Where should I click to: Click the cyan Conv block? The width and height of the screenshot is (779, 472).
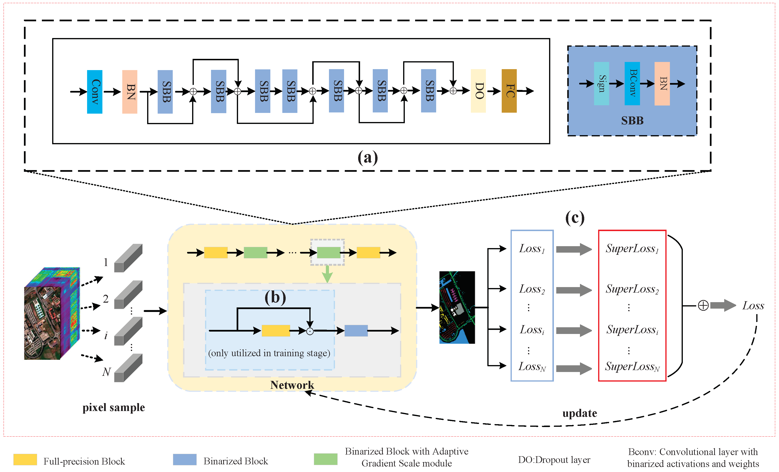[x=95, y=92]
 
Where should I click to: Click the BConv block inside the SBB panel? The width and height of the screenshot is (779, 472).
[x=632, y=83]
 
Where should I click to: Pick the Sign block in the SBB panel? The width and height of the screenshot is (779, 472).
[x=601, y=83]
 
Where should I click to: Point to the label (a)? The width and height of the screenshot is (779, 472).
[x=368, y=157]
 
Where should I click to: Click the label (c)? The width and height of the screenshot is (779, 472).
[x=575, y=218]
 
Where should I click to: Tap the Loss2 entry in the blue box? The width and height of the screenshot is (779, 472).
[x=532, y=289]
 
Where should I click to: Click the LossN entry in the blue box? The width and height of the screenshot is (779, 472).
[x=532, y=366]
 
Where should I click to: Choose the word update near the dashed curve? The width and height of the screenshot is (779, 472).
[x=579, y=413]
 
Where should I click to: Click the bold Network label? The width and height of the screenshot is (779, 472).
[x=292, y=385]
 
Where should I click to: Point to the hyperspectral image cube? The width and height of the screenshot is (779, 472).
[x=52, y=314]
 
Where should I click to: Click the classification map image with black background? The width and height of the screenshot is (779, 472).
[x=457, y=307]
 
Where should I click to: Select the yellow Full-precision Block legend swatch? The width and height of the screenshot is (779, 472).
[x=25, y=460]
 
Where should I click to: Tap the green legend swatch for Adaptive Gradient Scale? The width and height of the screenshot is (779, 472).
[x=325, y=459]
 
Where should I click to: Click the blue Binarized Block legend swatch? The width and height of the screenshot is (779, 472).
[x=185, y=460]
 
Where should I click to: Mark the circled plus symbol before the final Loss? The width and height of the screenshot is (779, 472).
[x=703, y=306]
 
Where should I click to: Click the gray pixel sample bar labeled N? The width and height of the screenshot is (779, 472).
[x=128, y=368]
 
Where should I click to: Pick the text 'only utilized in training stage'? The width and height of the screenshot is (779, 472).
[x=269, y=353]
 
